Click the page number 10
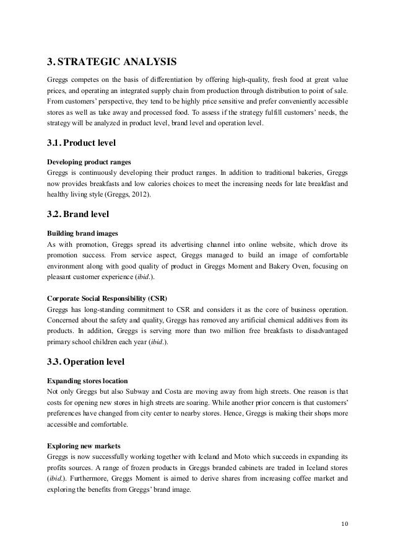tap(344, 527)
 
